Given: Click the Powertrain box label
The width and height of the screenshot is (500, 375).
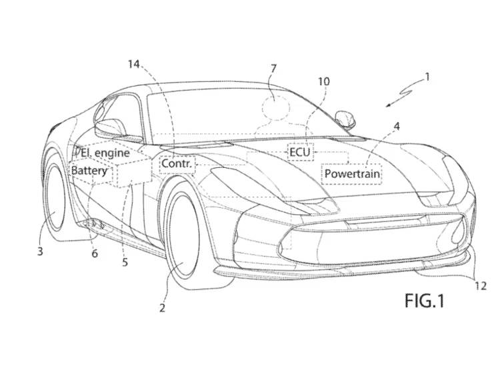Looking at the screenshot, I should (x=352, y=175).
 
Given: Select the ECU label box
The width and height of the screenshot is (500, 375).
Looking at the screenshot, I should (x=300, y=152).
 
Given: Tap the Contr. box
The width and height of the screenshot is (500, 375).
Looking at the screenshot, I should (x=177, y=163).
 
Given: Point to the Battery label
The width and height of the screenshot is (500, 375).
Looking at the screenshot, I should (x=89, y=171).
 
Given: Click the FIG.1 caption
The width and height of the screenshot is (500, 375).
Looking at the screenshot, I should (x=424, y=301).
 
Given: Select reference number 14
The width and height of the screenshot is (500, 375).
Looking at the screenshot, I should (x=135, y=64).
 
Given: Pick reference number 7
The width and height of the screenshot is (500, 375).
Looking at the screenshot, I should (x=273, y=68).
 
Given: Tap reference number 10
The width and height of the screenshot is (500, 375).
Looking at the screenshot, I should (x=323, y=81).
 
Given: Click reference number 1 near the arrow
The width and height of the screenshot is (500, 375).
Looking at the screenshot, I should (x=427, y=77).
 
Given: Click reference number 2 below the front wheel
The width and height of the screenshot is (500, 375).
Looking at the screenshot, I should (x=161, y=308).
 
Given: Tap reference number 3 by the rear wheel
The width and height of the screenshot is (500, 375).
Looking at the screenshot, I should (x=40, y=251).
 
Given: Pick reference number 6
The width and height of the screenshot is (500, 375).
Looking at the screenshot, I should (x=95, y=253).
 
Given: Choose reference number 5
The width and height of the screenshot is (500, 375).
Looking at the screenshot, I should (x=125, y=262).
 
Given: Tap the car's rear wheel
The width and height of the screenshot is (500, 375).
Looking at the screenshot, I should (x=56, y=196).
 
